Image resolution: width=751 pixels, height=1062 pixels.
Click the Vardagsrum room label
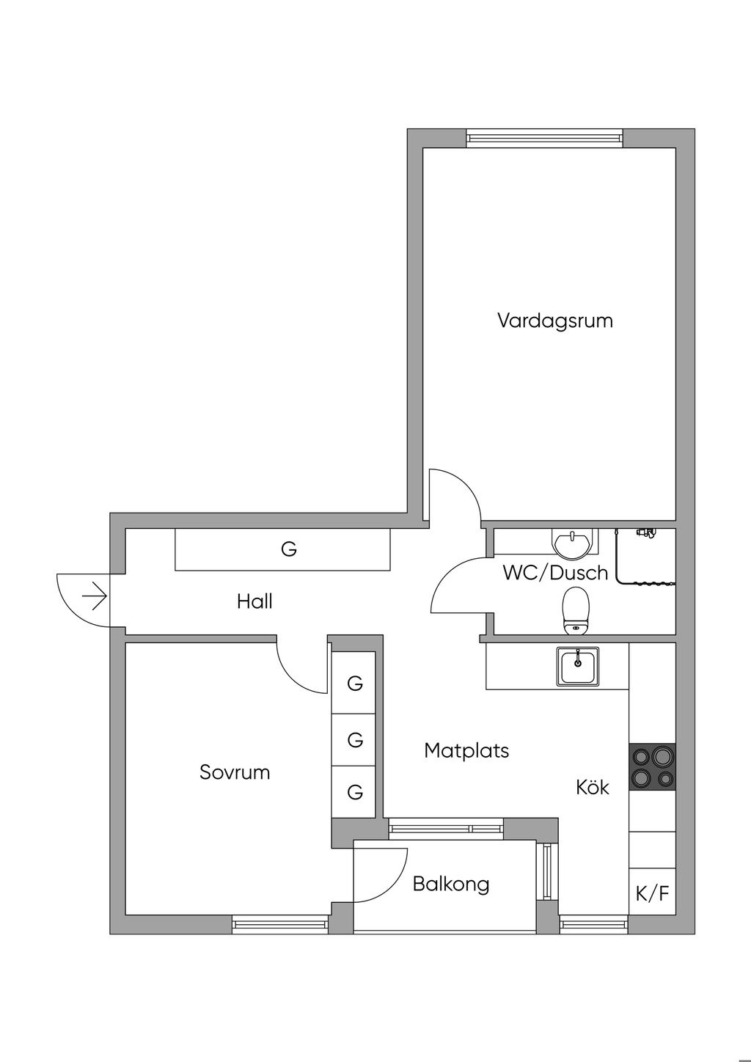coord(555,321)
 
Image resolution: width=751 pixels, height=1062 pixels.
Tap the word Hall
coord(254,601)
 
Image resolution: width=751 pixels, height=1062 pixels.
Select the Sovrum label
coord(235,772)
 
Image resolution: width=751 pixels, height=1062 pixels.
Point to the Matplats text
coord(466,751)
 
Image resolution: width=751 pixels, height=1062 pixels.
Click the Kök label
coord(593,788)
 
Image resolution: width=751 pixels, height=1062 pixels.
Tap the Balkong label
coord(451,885)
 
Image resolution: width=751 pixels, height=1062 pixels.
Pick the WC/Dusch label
coord(555,574)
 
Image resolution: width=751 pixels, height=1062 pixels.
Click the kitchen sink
coord(577,666)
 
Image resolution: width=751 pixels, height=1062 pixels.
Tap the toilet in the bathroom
coord(576,610)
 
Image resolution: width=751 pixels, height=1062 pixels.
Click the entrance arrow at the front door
coord(94,596)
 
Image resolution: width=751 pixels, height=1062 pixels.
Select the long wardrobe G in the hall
coord(282,549)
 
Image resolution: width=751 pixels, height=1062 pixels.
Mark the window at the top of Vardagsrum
coord(543,138)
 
